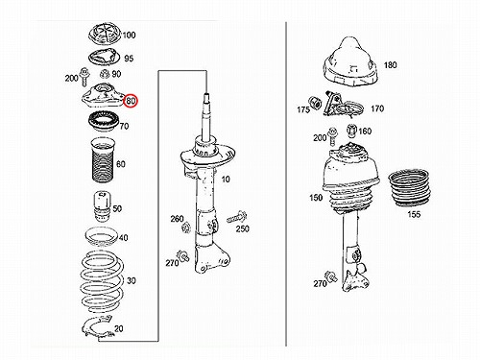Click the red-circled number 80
point(131,101)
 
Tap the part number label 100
point(129,35)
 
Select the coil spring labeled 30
point(102,281)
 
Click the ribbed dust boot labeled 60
point(103,160)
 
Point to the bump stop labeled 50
point(102,206)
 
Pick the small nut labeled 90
point(105,74)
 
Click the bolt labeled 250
point(237,218)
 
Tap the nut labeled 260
point(185,228)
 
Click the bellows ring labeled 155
point(409,189)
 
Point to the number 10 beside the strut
point(226,180)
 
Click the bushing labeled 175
point(315,103)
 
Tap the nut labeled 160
point(351,130)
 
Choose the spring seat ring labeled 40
point(101,237)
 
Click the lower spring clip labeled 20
point(97,326)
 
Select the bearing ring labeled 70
point(104,121)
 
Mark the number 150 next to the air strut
point(316,198)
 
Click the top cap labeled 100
point(105,34)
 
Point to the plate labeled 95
point(104,58)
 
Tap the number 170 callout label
point(377,108)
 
